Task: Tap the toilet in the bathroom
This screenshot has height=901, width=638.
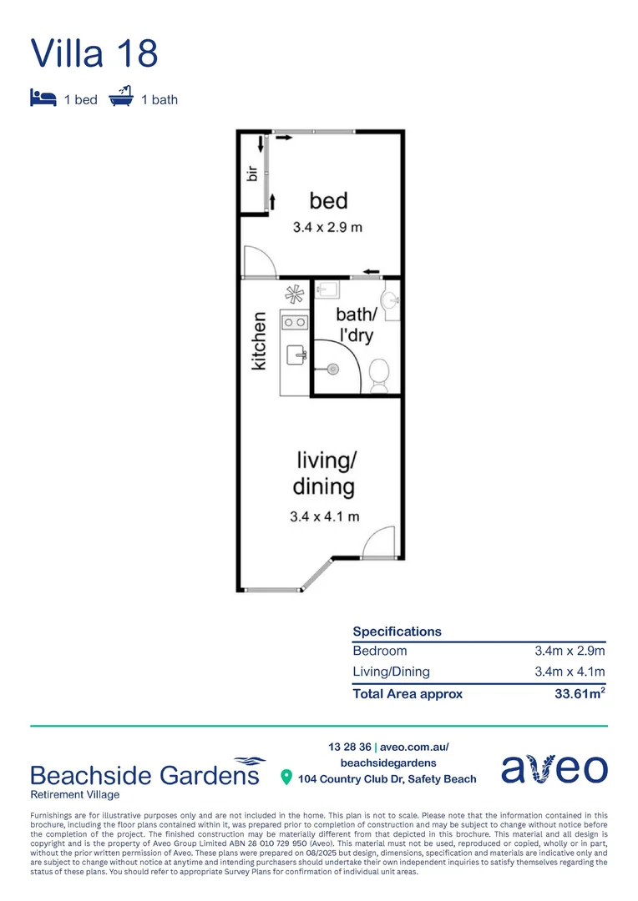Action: [379, 374]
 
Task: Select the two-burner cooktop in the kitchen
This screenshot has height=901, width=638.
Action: [294, 321]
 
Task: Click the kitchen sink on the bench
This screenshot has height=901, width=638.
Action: [296, 355]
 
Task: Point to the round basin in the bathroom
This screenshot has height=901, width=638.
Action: [390, 300]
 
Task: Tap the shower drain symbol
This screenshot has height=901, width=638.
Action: [332, 369]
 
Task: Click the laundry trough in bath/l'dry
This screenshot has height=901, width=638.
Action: [328, 289]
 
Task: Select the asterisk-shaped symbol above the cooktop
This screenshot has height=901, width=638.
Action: [294, 294]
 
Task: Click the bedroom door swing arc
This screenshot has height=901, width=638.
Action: [259, 262]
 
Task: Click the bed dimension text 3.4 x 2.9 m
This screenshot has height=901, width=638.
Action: [327, 227]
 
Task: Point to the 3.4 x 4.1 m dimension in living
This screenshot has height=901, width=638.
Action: [325, 516]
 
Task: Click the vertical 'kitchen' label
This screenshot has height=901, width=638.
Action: [260, 340]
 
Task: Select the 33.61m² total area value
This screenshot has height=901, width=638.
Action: [580, 693]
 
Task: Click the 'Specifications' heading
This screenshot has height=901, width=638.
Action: [397, 632]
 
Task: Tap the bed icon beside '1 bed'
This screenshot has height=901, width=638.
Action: [42, 98]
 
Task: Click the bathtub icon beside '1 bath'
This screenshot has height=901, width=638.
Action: [122, 97]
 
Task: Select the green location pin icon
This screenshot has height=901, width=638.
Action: [286, 778]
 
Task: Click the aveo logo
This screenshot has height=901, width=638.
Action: [554, 769]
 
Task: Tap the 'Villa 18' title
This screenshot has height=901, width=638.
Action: [94, 53]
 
